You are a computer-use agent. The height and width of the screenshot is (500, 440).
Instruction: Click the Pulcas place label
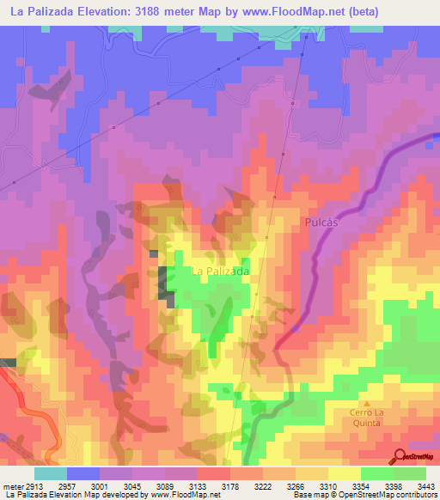click(x=325, y=221)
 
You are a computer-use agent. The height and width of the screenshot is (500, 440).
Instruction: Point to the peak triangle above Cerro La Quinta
click(x=367, y=402)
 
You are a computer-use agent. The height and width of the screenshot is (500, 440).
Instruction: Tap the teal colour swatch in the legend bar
click(x=51, y=473)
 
